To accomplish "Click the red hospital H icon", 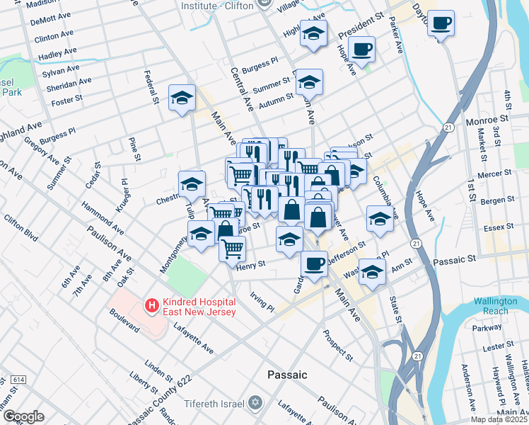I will pyautogui.click(x=150, y=306).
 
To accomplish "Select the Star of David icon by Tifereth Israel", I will pyautogui.click(x=255, y=403).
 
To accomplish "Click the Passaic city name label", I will pyautogui.click(x=287, y=374).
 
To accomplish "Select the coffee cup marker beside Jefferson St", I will pyautogui.click(x=314, y=264).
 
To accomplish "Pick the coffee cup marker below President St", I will pyautogui.click(x=361, y=50).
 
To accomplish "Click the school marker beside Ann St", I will pyautogui.click(x=371, y=272).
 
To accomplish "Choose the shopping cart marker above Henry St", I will pyautogui.click(x=233, y=249).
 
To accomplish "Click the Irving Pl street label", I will pyautogui.click(x=262, y=302).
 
